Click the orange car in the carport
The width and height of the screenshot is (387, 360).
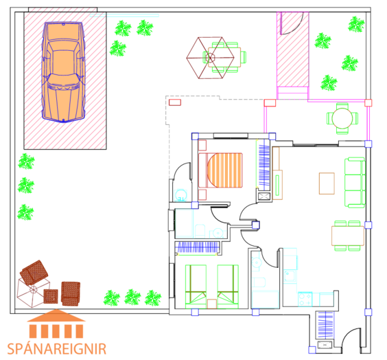[63, 71]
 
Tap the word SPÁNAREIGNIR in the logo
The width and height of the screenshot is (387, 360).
[57, 349]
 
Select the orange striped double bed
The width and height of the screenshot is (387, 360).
[220, 170]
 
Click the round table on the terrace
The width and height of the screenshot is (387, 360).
[342, 118]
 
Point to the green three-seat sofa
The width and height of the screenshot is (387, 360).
[355, 183]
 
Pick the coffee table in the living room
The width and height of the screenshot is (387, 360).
[327, 183]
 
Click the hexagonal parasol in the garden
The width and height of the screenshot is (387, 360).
[210, 58]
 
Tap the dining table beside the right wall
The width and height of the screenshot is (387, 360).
[348, 236]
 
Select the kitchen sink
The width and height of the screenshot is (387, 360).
[289, 275]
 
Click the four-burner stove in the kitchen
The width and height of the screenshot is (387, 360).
[305, 300]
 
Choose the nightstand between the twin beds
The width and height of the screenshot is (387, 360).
[212, 304]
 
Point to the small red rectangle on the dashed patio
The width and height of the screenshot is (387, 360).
[175, 102]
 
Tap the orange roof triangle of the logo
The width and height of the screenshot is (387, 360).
[56, 315]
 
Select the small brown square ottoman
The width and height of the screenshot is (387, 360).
[51, 296]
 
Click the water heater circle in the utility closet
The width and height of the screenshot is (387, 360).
[180, 194]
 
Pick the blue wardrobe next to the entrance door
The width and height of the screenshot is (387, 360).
[325, 325]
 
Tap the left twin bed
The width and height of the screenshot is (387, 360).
[196, 286]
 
